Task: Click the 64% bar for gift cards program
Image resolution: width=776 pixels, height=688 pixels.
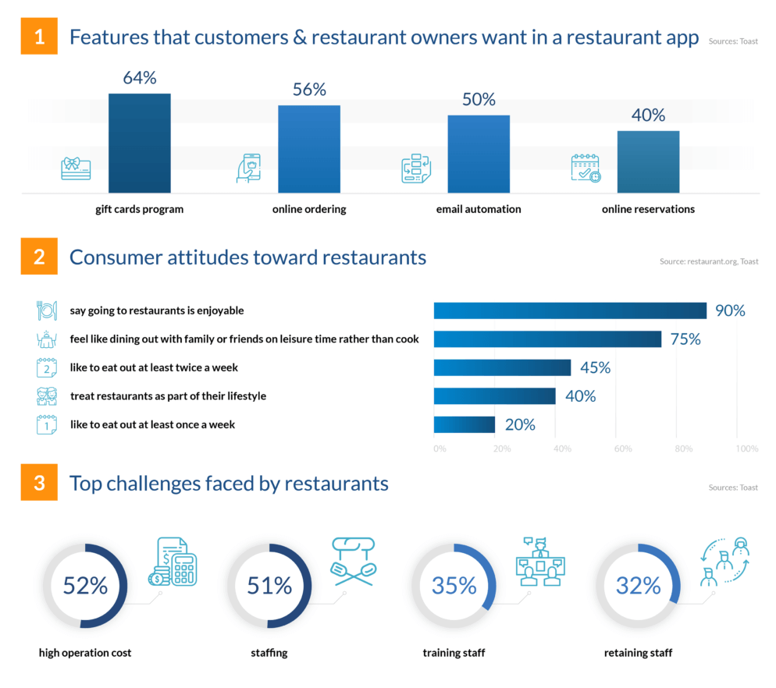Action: (139, 143)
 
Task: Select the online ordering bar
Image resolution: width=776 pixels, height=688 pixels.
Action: (309, 148)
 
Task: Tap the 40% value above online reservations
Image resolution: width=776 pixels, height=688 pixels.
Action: (648, 115)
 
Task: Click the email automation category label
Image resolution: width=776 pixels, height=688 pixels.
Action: (479, 209)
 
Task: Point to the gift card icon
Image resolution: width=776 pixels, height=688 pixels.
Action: (76, 168)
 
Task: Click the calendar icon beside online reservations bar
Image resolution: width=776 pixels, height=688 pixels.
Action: (586, 168)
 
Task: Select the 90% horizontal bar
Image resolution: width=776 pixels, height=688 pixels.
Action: (570, 310)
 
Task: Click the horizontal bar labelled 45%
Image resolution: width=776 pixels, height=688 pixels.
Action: (502, 367)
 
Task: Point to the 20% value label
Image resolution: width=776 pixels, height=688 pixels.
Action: (519, 424)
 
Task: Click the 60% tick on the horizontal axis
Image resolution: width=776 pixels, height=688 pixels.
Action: (622, 449)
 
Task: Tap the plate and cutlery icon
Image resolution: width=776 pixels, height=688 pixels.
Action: (47, 310)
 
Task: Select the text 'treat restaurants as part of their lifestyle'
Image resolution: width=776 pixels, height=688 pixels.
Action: (168, 396)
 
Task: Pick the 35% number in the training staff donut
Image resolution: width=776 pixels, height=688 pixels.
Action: (454, 586)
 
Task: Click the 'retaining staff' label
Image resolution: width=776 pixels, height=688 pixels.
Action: (638, 653)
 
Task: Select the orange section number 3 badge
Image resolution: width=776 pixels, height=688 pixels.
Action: (39, 483)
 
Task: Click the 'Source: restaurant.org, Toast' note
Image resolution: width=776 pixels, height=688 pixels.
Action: (708, 261)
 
